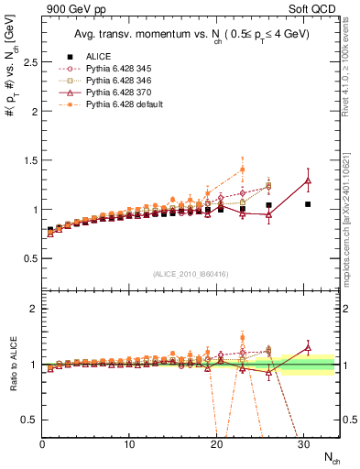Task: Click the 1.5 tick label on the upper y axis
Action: click(30, 160)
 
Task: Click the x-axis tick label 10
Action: click(129, 444)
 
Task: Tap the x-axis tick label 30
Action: click(303, 444)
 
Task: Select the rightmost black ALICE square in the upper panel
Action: click(308, 204)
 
